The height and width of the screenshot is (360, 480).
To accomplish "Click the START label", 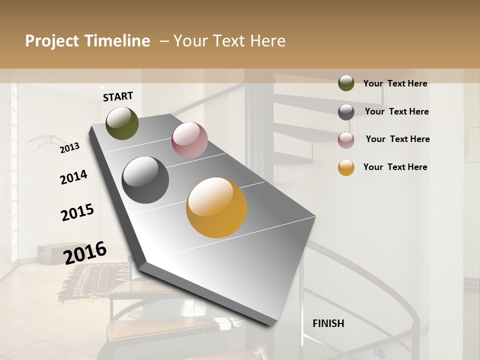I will click(x=118, y=96).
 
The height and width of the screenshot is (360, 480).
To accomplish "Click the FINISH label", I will click(x=328, y=323).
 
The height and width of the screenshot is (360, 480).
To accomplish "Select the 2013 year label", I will click(x=70, y=147).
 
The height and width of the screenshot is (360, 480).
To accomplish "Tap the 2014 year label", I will click(x=73, y=177).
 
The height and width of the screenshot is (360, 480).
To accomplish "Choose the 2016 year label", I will click(x=85, y=252).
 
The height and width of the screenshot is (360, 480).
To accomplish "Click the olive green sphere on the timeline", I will click(x=122, y=123).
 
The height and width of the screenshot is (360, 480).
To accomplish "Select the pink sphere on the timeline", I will click(x=189, y=140).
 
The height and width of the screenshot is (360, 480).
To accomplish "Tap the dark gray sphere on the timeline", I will click(x=145, y=180).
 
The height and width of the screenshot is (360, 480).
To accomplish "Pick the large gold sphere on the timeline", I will click(x=216, y=207).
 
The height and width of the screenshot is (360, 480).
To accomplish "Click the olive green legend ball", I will click(x=346, y=83).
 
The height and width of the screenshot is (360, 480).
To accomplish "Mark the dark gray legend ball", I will click(x=346, y=112).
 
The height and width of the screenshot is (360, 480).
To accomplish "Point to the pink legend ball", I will click(x=346, y=140).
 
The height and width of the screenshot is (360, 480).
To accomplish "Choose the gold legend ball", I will click(x=346, y=167).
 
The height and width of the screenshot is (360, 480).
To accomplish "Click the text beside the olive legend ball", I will click(x=395, y=83).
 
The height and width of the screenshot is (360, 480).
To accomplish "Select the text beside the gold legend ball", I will click(x=395, y=167).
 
